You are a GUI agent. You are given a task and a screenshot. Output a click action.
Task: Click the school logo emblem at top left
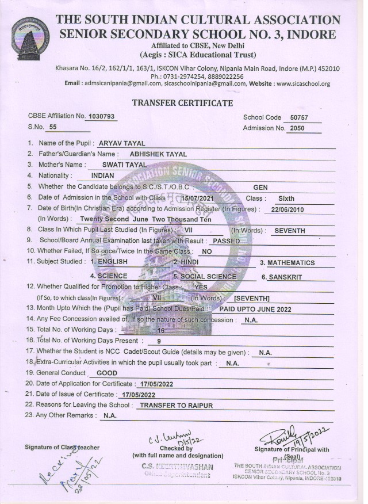point(29,39)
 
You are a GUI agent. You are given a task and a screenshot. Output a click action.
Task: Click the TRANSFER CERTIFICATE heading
point(183,103)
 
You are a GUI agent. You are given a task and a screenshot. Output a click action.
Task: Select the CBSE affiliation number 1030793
point(101,116)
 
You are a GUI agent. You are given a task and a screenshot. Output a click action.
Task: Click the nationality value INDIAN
point(103,175)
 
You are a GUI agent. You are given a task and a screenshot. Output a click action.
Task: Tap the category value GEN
point(260,187)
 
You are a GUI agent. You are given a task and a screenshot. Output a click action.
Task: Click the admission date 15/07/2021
point(196,198)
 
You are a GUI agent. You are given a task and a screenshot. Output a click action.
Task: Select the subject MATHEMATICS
point(290,263)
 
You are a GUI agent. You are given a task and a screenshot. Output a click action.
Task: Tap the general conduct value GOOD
point(106,373)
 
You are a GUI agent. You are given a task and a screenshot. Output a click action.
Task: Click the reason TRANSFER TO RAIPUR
point(176,405)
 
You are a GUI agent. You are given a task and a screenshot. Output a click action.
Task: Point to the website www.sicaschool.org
point(303,83)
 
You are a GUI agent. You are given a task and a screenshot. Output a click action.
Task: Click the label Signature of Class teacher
point(62,447)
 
